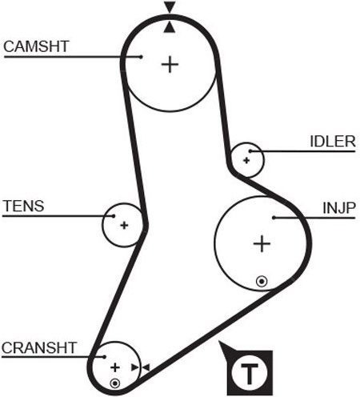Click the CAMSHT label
[x=36, y=46]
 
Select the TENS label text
[x=23, y=206]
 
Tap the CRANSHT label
[x=39, y=347]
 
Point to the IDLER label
[x=333, y=141]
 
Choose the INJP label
[x=339, y=208]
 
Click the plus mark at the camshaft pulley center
[x=170, y=64]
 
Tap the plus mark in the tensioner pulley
[x=124, y=226]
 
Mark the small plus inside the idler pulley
[x=246, y=161]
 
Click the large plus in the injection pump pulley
[x=262, y=243]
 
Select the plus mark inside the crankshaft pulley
[x=115, y=367]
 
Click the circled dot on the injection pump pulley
[x=262, y=282]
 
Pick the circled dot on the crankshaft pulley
[x=115, y=383]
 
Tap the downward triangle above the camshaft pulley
[x=170, y=7]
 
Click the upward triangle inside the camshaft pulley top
[x=170, y=27]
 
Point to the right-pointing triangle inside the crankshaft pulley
[x=135, y=367]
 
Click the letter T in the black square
[x=250, y=373]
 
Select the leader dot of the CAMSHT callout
[x=141, y=57]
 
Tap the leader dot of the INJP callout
[x=274, y=218]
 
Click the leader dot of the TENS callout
[x=114, y=216]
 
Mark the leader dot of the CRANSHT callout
[x=105, y=357]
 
